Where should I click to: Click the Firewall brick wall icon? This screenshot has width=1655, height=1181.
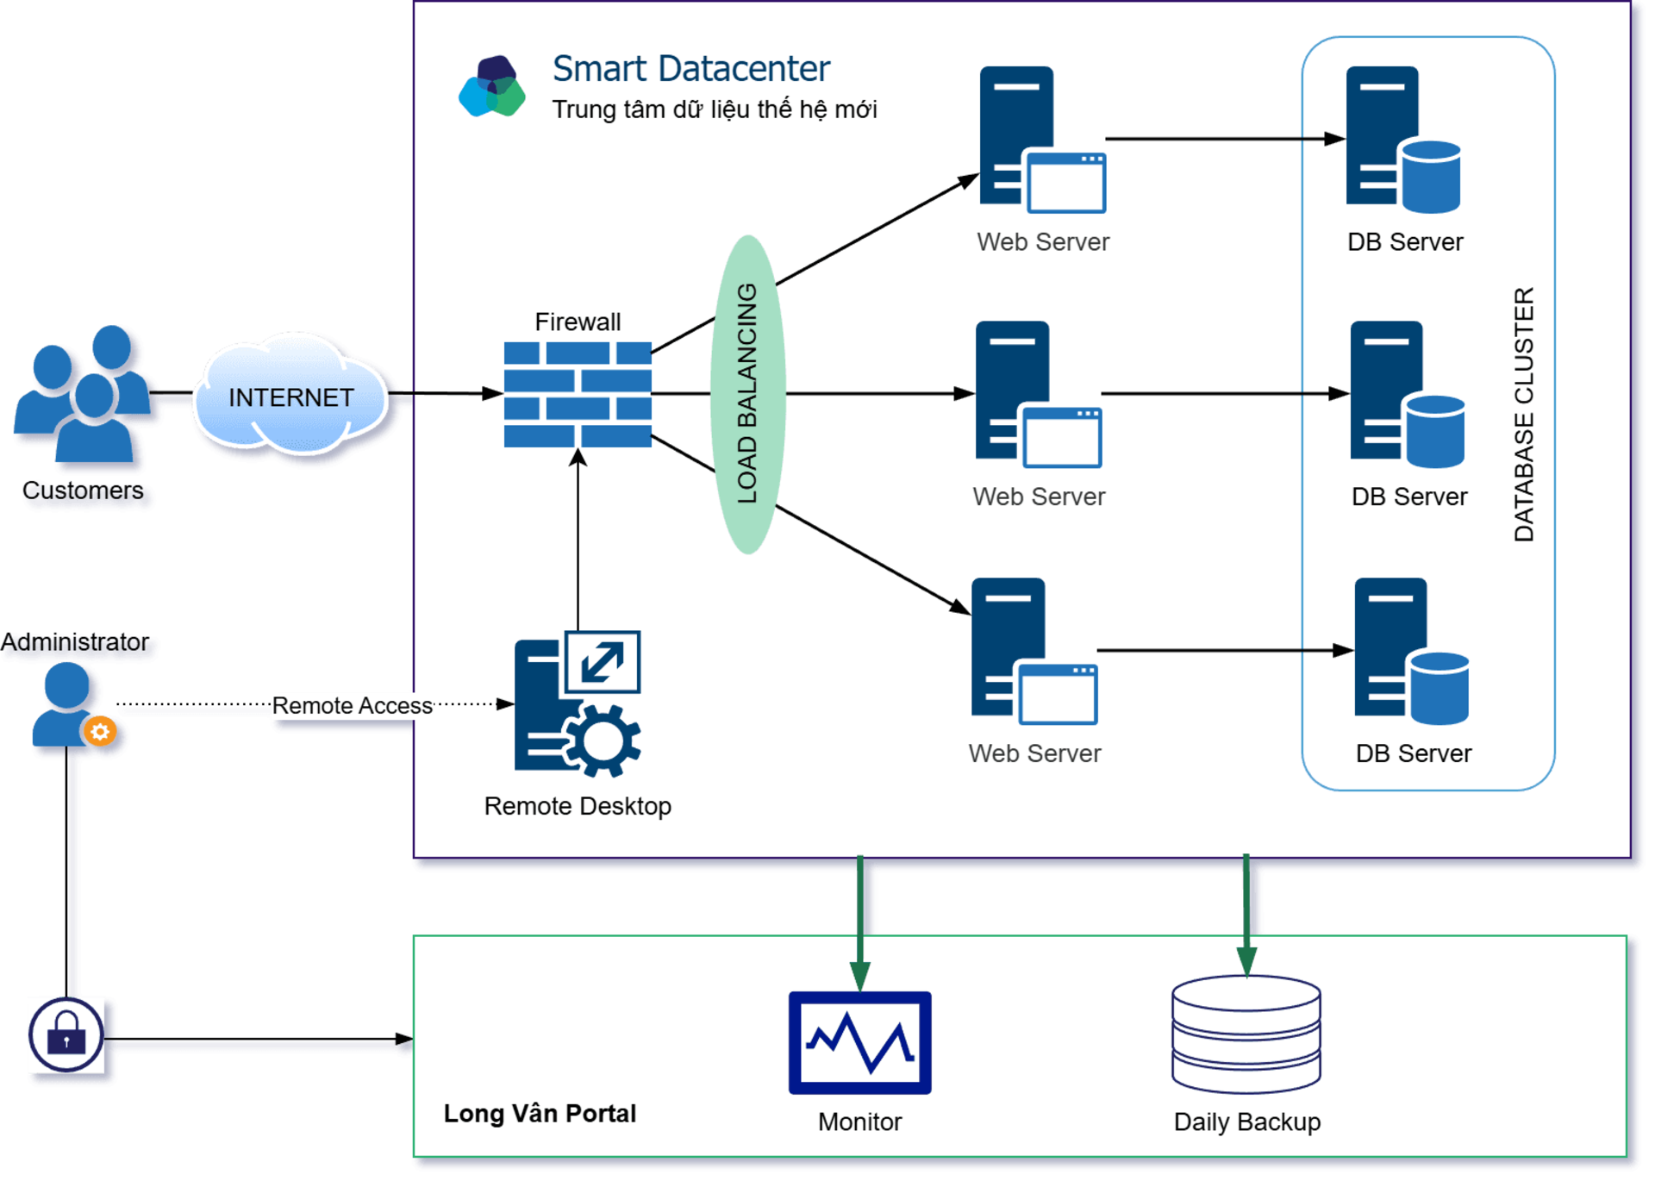pos(578,394)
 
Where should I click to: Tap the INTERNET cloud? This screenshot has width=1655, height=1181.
pos(290,397)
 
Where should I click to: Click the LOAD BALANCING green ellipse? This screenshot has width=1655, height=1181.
pos(747,394)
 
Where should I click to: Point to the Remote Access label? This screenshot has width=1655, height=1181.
pos(352,706)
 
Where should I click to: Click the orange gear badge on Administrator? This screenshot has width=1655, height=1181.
pos(100,732)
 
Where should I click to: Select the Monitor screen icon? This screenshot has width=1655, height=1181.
pos(859,1042)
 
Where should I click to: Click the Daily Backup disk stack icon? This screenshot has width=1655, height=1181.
pos(1246,1034)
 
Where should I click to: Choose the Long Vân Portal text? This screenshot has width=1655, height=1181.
pos(540,1114)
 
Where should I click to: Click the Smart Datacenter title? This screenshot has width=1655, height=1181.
pos(690,69)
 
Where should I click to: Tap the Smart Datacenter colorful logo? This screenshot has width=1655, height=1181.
pos(491,86)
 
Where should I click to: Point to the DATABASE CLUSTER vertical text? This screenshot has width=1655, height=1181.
pos(1524,414)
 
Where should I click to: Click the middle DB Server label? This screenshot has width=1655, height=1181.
pos(1408,497)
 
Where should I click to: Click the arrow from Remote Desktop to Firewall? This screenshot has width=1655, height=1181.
pos(578,543)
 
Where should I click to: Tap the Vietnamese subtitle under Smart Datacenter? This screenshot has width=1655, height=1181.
pos(714,110)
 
